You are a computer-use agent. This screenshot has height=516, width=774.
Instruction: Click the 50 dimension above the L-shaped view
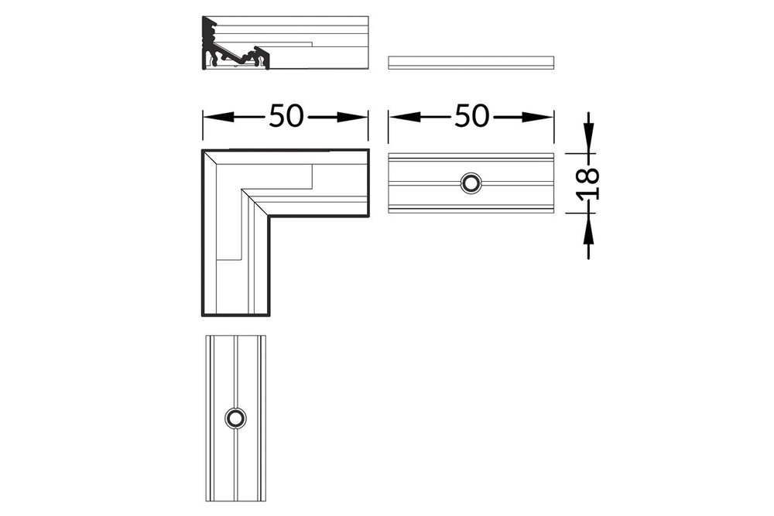[285, 117]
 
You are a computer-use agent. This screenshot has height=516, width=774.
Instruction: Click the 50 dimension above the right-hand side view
[471, 117]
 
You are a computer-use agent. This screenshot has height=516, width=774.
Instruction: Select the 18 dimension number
[589, 183]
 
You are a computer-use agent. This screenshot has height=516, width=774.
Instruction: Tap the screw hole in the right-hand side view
[471, 183]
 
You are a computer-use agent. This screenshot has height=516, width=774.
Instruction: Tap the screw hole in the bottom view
[235, 418]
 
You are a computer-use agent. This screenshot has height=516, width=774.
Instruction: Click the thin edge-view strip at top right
[471, 62]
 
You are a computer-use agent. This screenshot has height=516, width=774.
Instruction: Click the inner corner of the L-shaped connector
[269, 217]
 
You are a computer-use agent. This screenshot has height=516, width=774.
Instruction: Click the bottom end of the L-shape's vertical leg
[236, 315]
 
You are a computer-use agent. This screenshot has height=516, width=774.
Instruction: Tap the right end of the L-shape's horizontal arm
[367, 183]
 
